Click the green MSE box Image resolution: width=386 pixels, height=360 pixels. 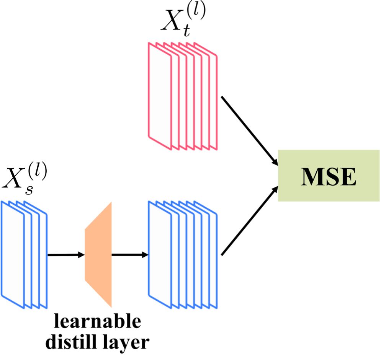pyautogui.click(x=329, y=176)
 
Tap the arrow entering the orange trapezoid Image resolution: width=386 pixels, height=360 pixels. pyautogui.click(x=65, y=255)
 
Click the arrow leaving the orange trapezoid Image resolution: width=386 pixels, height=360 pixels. pyautogui.click(x=129, y=255)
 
